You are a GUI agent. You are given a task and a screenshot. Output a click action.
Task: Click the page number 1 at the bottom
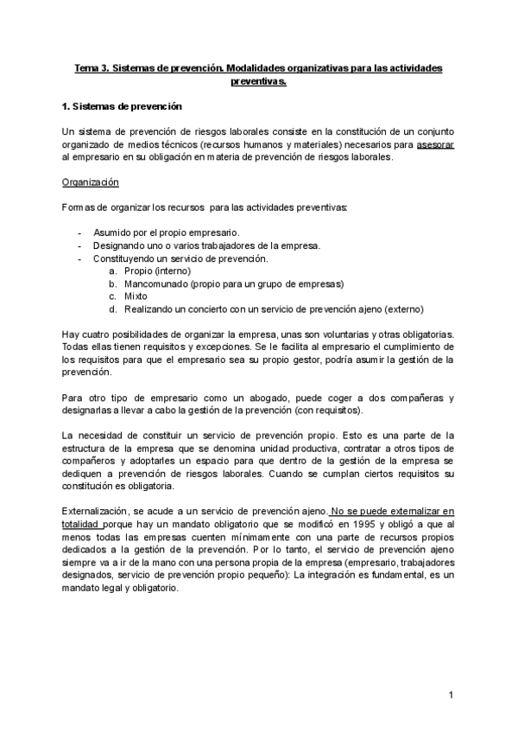[x=451, y=695]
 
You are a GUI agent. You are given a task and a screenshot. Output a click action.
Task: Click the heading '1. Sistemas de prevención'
[x=123, y=107]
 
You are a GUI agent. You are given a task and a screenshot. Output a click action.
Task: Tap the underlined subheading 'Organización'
[x=90, y=183]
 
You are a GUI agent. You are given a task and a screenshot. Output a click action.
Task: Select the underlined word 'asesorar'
[x=434, y=145]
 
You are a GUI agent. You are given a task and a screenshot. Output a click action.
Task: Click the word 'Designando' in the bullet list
[x=121, y=245]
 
